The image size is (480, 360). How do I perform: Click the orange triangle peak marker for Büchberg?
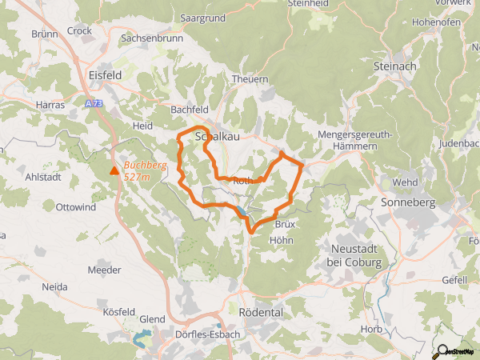[x=114, y=170]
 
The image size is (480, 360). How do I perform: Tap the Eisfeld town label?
[x=104, y=74]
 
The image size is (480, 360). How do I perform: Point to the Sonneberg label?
[x=409, y=202]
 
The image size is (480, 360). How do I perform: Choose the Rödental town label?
[x=262, y=312]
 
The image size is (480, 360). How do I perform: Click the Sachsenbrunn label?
[x=151, y=38]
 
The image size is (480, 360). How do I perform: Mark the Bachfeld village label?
[x=190, y=109]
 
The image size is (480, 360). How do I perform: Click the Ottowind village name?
[x=75, y=207]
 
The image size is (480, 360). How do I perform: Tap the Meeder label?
[x=104, y=270]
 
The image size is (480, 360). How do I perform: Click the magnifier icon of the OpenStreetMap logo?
[x=442, y=349]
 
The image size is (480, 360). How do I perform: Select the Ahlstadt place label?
[x=43, y=177]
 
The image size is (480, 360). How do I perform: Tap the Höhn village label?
[x=282, y=239]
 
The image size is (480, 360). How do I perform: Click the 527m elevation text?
[x=137, y=176]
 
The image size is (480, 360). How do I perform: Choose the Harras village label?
[x=50, y=104]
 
